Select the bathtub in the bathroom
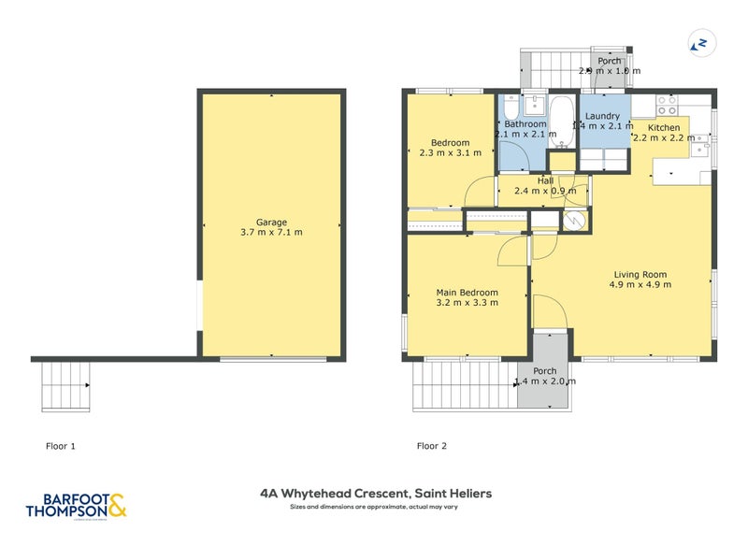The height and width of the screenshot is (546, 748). [562, 122]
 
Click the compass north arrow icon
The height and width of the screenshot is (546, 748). [699, 42]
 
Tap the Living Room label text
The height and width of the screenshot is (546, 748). [640, 274]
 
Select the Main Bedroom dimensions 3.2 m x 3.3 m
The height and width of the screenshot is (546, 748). [467, 302]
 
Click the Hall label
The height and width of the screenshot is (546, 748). [545, 180]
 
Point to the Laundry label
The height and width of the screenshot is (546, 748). [603, 116]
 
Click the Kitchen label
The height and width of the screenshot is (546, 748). [664, 127]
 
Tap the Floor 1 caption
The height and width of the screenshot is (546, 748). [61, 446]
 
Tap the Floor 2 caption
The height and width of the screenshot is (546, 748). [432, 446]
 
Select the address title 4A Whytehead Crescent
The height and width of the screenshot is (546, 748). [375, 493]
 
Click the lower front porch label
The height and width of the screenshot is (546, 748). [545, 371]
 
